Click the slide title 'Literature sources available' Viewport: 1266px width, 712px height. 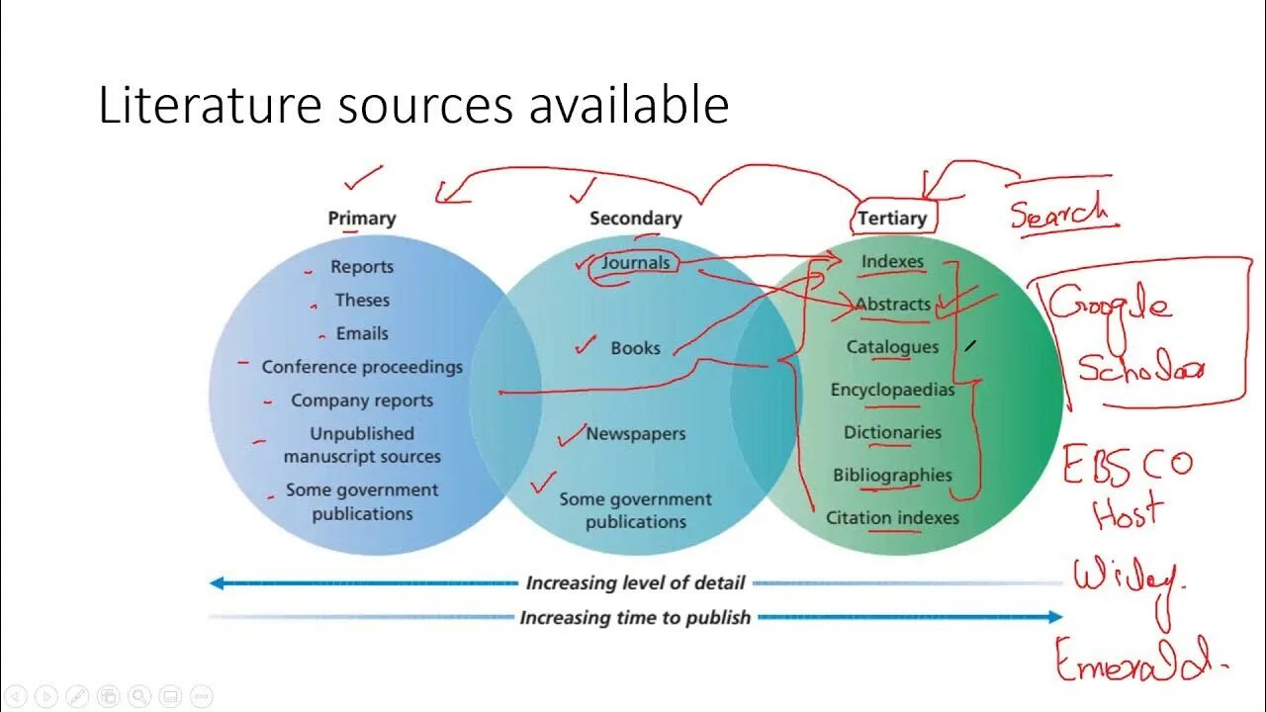point(413,105)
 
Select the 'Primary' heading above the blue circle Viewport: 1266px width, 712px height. point(362,219)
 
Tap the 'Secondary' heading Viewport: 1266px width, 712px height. point(635,219)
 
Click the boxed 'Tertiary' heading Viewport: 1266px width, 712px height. point(892,219)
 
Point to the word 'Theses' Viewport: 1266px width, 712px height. point(362,300)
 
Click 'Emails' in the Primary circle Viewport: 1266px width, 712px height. point(362,333)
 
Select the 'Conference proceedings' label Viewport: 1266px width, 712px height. point(362,367)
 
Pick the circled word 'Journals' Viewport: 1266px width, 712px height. point(636,262)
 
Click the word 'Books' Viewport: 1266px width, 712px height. point(635,348)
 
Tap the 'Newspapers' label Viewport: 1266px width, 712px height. point(635,433)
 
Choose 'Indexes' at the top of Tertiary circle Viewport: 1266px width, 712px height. point(892,262)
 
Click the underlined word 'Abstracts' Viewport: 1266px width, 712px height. point(892,305)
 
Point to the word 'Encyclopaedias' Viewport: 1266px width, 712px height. point(892,390)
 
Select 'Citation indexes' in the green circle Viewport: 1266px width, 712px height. point(892,517)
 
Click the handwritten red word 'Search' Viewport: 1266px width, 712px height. point(1058,211)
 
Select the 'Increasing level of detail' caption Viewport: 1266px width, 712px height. point(635,583)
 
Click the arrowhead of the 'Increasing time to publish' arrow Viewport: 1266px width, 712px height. point(1054,617)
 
